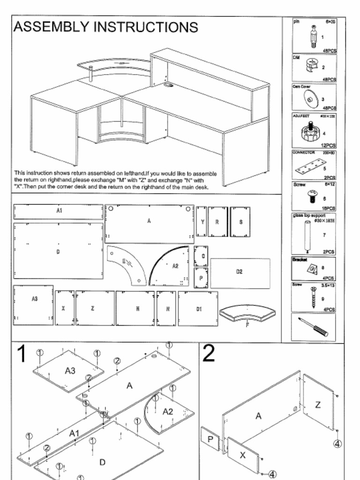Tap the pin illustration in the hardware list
coord(313,36)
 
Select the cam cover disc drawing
coord(309,98)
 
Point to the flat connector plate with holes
coord(309,167)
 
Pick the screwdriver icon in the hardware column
coord(313,327)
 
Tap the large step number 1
coord(22,354)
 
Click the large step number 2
coord(209,353)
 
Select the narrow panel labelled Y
coord(202,222)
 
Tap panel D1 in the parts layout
coord(198,308)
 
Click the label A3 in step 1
coord(70,371)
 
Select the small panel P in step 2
coord(210,439)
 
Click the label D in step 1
coord(102,462)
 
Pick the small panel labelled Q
coord(201,256)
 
